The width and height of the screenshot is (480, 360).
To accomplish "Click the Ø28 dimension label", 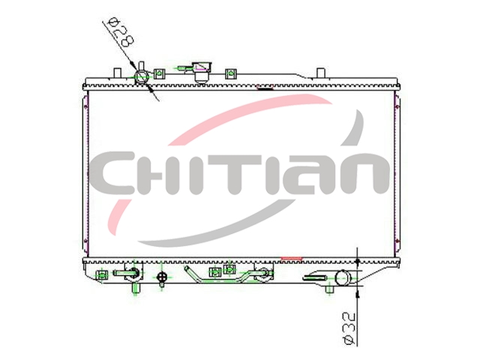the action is point(121,31).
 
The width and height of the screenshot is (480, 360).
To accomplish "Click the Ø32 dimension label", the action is point(349,328).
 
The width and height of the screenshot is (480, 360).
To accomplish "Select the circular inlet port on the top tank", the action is point(142,76).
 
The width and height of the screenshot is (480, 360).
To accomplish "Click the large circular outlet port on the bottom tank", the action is point(342,277).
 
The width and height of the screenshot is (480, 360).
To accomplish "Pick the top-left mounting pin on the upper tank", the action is point(118,73).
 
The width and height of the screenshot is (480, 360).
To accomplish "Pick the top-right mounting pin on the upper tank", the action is point(320,73).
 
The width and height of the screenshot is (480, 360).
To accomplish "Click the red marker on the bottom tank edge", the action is point(292,259).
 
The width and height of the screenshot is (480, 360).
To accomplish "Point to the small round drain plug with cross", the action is point(161,277).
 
